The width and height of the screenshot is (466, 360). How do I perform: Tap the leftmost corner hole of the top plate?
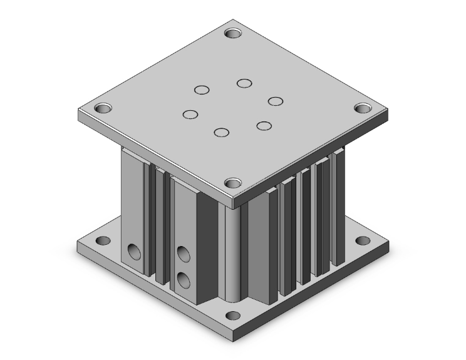click(x=103, y=108)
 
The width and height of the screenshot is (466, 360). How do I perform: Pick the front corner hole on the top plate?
click(x=233, y=183)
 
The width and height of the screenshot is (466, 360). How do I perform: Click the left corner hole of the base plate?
click(x=100, y=240)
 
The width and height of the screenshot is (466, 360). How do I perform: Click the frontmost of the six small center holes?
click(x=220, y=132)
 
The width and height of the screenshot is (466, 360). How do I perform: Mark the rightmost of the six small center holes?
click(x=275, y=101)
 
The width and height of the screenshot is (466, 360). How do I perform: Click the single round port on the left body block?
click(x=133, y=252)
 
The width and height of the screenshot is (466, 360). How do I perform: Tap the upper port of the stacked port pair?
click(x=184, y=254)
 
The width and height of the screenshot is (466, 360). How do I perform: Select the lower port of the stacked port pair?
click(x=184, y=279)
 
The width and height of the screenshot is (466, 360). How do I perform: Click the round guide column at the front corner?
click(x=233, y=257)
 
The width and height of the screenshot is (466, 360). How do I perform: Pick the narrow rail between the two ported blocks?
click(x=160, y=225)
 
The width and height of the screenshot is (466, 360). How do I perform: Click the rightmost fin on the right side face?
click(x=339, y=207)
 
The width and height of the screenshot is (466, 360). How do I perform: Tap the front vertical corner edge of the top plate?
click(x=233, y=202)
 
